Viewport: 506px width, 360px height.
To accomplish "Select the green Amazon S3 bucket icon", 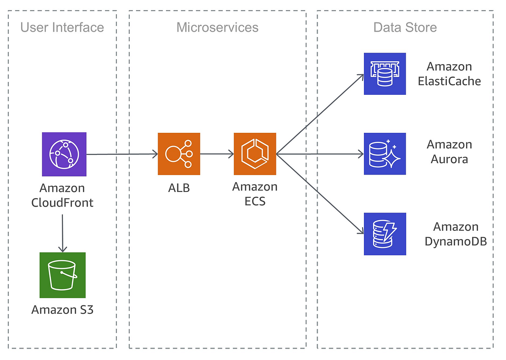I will click(x=62, y=275).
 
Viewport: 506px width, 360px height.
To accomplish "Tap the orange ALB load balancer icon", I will click(x=179, y=154).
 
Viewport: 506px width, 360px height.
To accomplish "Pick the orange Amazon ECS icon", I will click(x=255, y=154).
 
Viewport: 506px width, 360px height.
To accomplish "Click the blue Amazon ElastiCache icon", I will click(x=385, y=74).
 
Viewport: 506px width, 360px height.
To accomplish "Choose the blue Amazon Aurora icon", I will click(x=385, y=154).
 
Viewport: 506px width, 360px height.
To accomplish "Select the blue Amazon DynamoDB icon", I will click(x=385, y=234).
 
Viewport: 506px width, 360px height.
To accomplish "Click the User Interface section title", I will click(x=62, y=27).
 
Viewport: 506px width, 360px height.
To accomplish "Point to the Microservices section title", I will click(x=217, y=27).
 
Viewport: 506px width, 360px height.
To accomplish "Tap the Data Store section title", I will click(x=405, y=27).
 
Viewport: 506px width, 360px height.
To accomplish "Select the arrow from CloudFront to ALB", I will click(x=122, y=154).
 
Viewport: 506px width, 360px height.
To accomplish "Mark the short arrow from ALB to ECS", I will click(x=217, y=154).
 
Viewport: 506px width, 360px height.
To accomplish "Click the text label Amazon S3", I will click(x=62, y=310).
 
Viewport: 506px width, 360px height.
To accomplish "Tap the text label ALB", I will click(x=179, y=187).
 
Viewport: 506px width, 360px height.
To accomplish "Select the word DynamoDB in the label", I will click(x=456, y=241).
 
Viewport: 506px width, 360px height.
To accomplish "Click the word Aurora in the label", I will click(x=449, y=159).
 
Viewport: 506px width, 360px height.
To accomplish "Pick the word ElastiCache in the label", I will click(x=449, y=81).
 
